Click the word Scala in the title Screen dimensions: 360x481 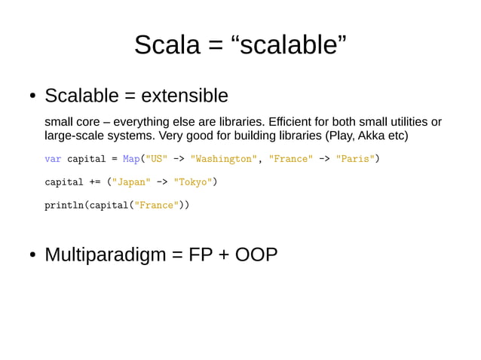[167, 45]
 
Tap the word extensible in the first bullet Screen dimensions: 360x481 [185, 96]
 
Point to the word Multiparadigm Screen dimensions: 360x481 [105, 255]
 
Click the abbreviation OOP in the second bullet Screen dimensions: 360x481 [256, 255]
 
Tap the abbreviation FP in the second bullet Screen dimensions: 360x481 [201, 255]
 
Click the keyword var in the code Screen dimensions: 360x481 [53, 159]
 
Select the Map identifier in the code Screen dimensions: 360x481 [131, 159]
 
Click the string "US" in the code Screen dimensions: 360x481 [156, 159]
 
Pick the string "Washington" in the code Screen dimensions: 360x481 [224, 159]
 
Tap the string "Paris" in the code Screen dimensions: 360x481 [355, 159]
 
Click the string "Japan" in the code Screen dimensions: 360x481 [131, 182]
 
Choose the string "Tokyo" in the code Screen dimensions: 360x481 [193, 182]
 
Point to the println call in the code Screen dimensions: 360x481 [64, 204]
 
